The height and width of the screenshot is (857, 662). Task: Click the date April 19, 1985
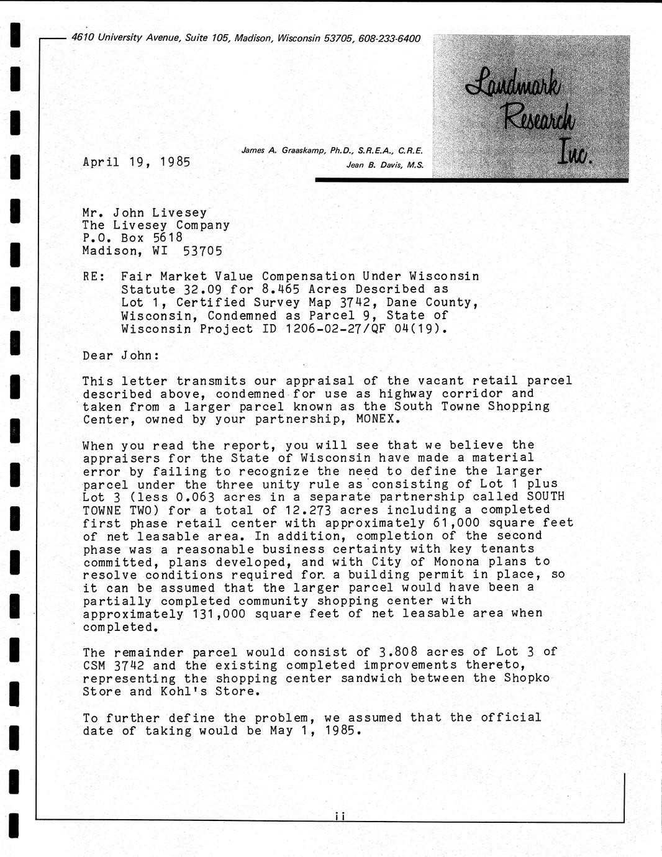(136, 162)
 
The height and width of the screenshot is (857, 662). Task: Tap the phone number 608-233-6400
(389, 39)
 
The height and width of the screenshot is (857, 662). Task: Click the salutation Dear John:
(121, 356)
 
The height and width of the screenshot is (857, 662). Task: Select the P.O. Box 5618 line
(133, 238)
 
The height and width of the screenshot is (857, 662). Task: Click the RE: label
(94, 276)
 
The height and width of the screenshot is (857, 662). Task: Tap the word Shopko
(527, 678)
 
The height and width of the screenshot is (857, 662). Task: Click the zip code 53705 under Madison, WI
(202, 251)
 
